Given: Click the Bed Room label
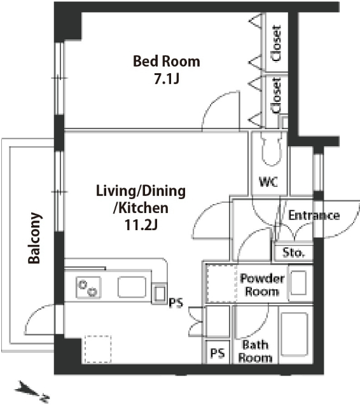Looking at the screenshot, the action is (x=167, y=62).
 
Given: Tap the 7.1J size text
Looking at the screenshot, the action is (x=167, y=79).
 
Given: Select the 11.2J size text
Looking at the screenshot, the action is (x=141, y=224).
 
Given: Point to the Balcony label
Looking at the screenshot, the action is (x=34, y=238).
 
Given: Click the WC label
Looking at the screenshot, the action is (x=268, y=182).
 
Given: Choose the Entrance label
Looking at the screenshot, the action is (x=314, y=215).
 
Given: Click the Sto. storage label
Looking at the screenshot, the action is (x=293, y=252).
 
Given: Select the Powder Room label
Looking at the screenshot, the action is (x=262, y=285).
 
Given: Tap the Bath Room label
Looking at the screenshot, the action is (x=255, y=351).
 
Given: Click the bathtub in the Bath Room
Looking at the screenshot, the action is (x=294, y=334).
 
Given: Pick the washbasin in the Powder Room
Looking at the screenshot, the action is (x=299, y=283).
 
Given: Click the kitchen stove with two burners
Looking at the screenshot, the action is (x=88, y=287).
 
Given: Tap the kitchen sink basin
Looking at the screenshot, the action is (x=132, y=287).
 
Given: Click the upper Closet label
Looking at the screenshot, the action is (x=276, y=43).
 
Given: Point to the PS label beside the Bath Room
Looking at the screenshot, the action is (x=218, y=353).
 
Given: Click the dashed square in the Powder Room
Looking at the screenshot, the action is (x=221, y=284).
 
